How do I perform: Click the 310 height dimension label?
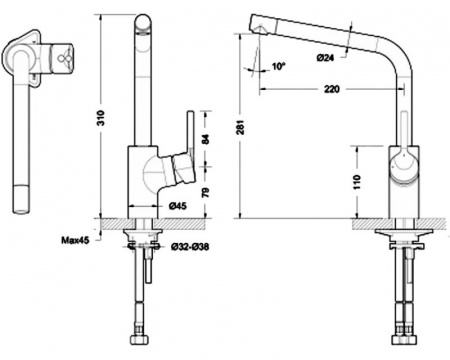pyautogui.click(x=102, y=117)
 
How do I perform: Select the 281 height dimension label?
pyautogui.click(x=241, y=127)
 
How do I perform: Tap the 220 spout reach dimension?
pyautogui.click(x=331, y=89)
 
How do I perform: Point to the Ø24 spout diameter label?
pyautogui.click(x=325, y=58)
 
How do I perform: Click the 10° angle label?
pyautogui.click(x=279, y=66)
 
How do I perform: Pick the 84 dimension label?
pyautogui.click(x=205, y=139)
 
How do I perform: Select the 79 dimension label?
pyautogui.click(x=206, y=192)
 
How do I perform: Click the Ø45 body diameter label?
pyautogui.click(x=177, y=207)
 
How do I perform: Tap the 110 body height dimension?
pyautogui.click(x=357, y=182)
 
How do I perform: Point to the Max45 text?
pyautogui.click(x=75, y=240)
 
